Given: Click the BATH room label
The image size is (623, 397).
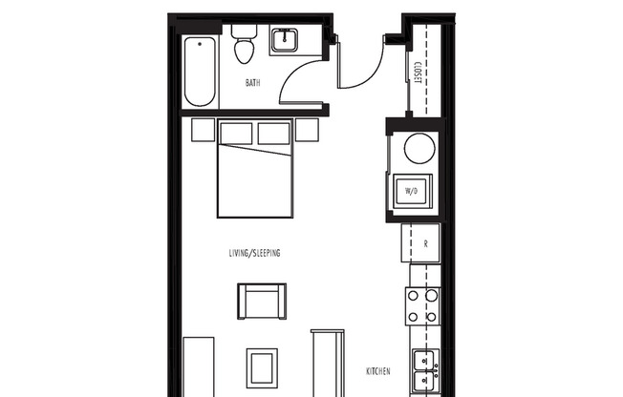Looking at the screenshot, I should pyautogui.click(x=252, y=83).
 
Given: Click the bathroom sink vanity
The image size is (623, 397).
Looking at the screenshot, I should pyautogui.click(x=285, y=41).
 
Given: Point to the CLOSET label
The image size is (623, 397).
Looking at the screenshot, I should pyautogui.click(x=419, y=73).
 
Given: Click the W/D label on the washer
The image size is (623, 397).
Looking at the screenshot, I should pyautogui.click(x=412, y=191).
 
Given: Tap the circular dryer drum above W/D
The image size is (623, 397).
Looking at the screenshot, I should pyautogui.click(x=417, y=148).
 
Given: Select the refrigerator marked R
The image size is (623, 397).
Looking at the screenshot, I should pyautogui.click(x=424, y=243).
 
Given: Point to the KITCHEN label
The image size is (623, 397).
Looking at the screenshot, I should pyautogui.click(x=380, y=371).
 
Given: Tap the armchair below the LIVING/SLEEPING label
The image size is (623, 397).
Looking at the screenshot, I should pyautogui.click(x=260, y=302).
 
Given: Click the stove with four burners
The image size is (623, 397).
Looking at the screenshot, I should pyautogui.click(x=422, y=306).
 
